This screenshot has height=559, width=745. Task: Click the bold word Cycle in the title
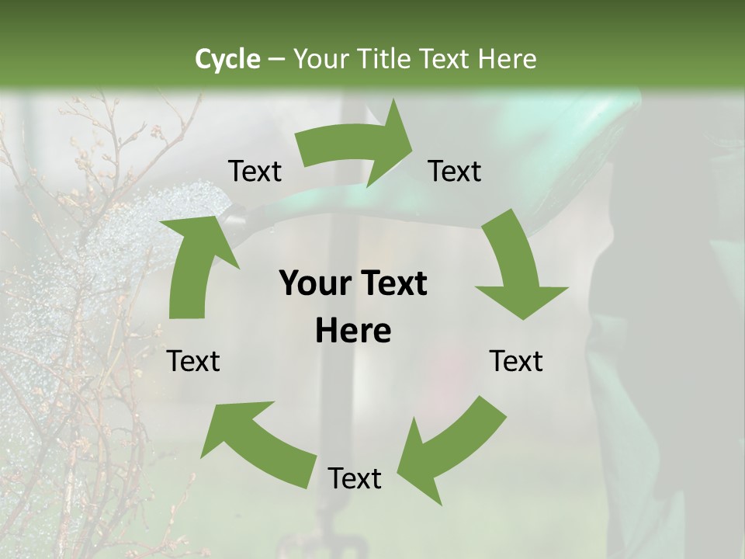(x=227, y=59)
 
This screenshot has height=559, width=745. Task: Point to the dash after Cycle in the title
(x=275, y=59)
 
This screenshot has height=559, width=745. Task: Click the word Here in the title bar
(x=508, y=59)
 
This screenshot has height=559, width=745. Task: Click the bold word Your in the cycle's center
(x=314, y=283)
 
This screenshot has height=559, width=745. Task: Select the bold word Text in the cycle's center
(x=391, y=283)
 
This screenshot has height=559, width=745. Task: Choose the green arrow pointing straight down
(x=516, y=268)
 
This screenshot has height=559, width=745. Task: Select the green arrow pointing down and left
(x=450, y=450)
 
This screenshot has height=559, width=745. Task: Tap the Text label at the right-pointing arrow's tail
(x=255, y=172)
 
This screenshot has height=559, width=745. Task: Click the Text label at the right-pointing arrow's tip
(x=455, y=172)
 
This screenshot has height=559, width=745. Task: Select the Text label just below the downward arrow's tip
(x=516, y=361)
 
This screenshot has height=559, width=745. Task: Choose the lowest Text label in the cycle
(x=355, y=479)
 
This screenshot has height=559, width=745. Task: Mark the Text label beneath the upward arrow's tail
(x=194, y=361)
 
